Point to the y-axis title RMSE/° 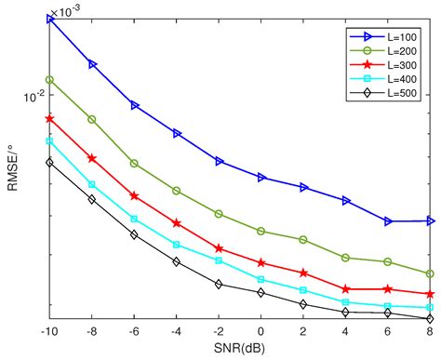coord(11,171)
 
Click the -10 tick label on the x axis coord(49,332)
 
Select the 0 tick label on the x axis coord(261,332)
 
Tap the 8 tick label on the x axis coord(430,332)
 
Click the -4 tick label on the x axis coord(176,332)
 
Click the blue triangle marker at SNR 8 coord(430,220)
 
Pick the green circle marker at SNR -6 coord(135,163)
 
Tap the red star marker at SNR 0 coord(261,263)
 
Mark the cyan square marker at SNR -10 coord(50,140)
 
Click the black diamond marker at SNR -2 coord(219,284)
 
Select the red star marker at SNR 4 coord(346,289)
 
